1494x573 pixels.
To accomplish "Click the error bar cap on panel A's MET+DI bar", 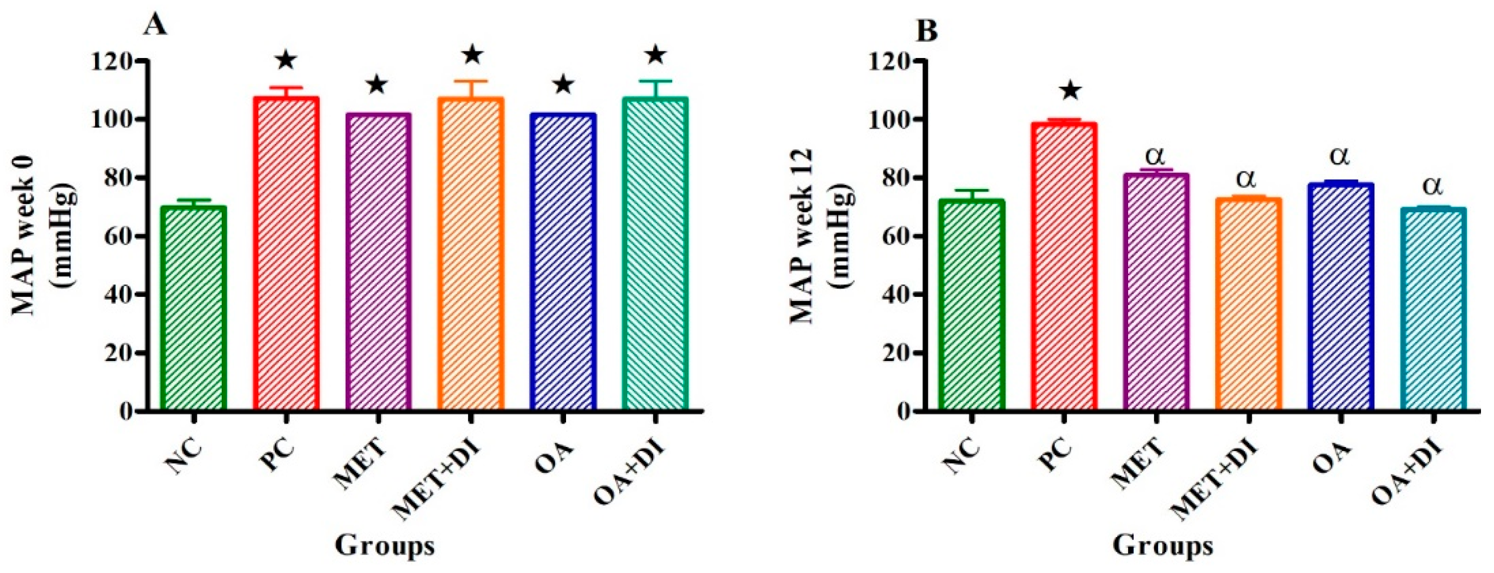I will tap(471, 81).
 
